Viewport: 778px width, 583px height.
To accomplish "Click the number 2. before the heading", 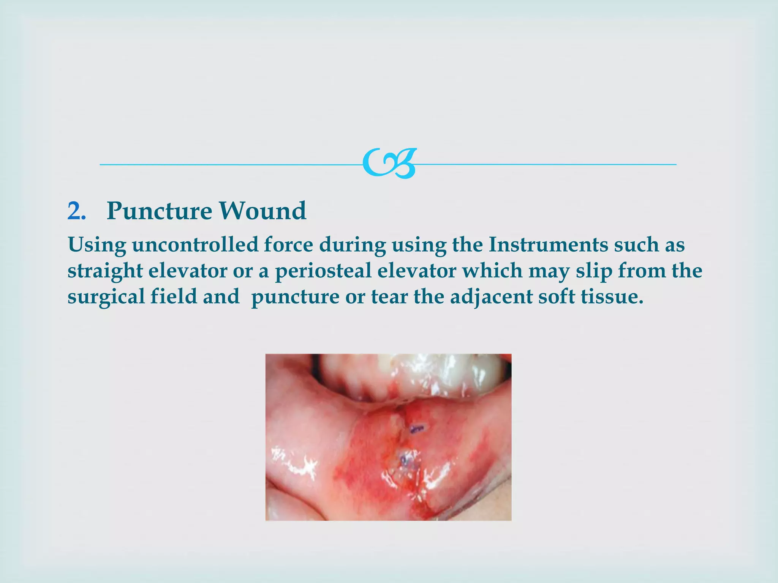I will point(77,211).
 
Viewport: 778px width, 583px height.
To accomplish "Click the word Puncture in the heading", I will point(159,211).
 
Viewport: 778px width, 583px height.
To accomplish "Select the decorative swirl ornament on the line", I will point(389,164).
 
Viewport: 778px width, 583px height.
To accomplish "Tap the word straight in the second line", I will point(105,271).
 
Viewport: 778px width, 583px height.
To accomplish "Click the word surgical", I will point(106,297).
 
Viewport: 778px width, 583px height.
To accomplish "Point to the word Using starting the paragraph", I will point(97,245).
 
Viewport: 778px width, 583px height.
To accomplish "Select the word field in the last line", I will point(174,297).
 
